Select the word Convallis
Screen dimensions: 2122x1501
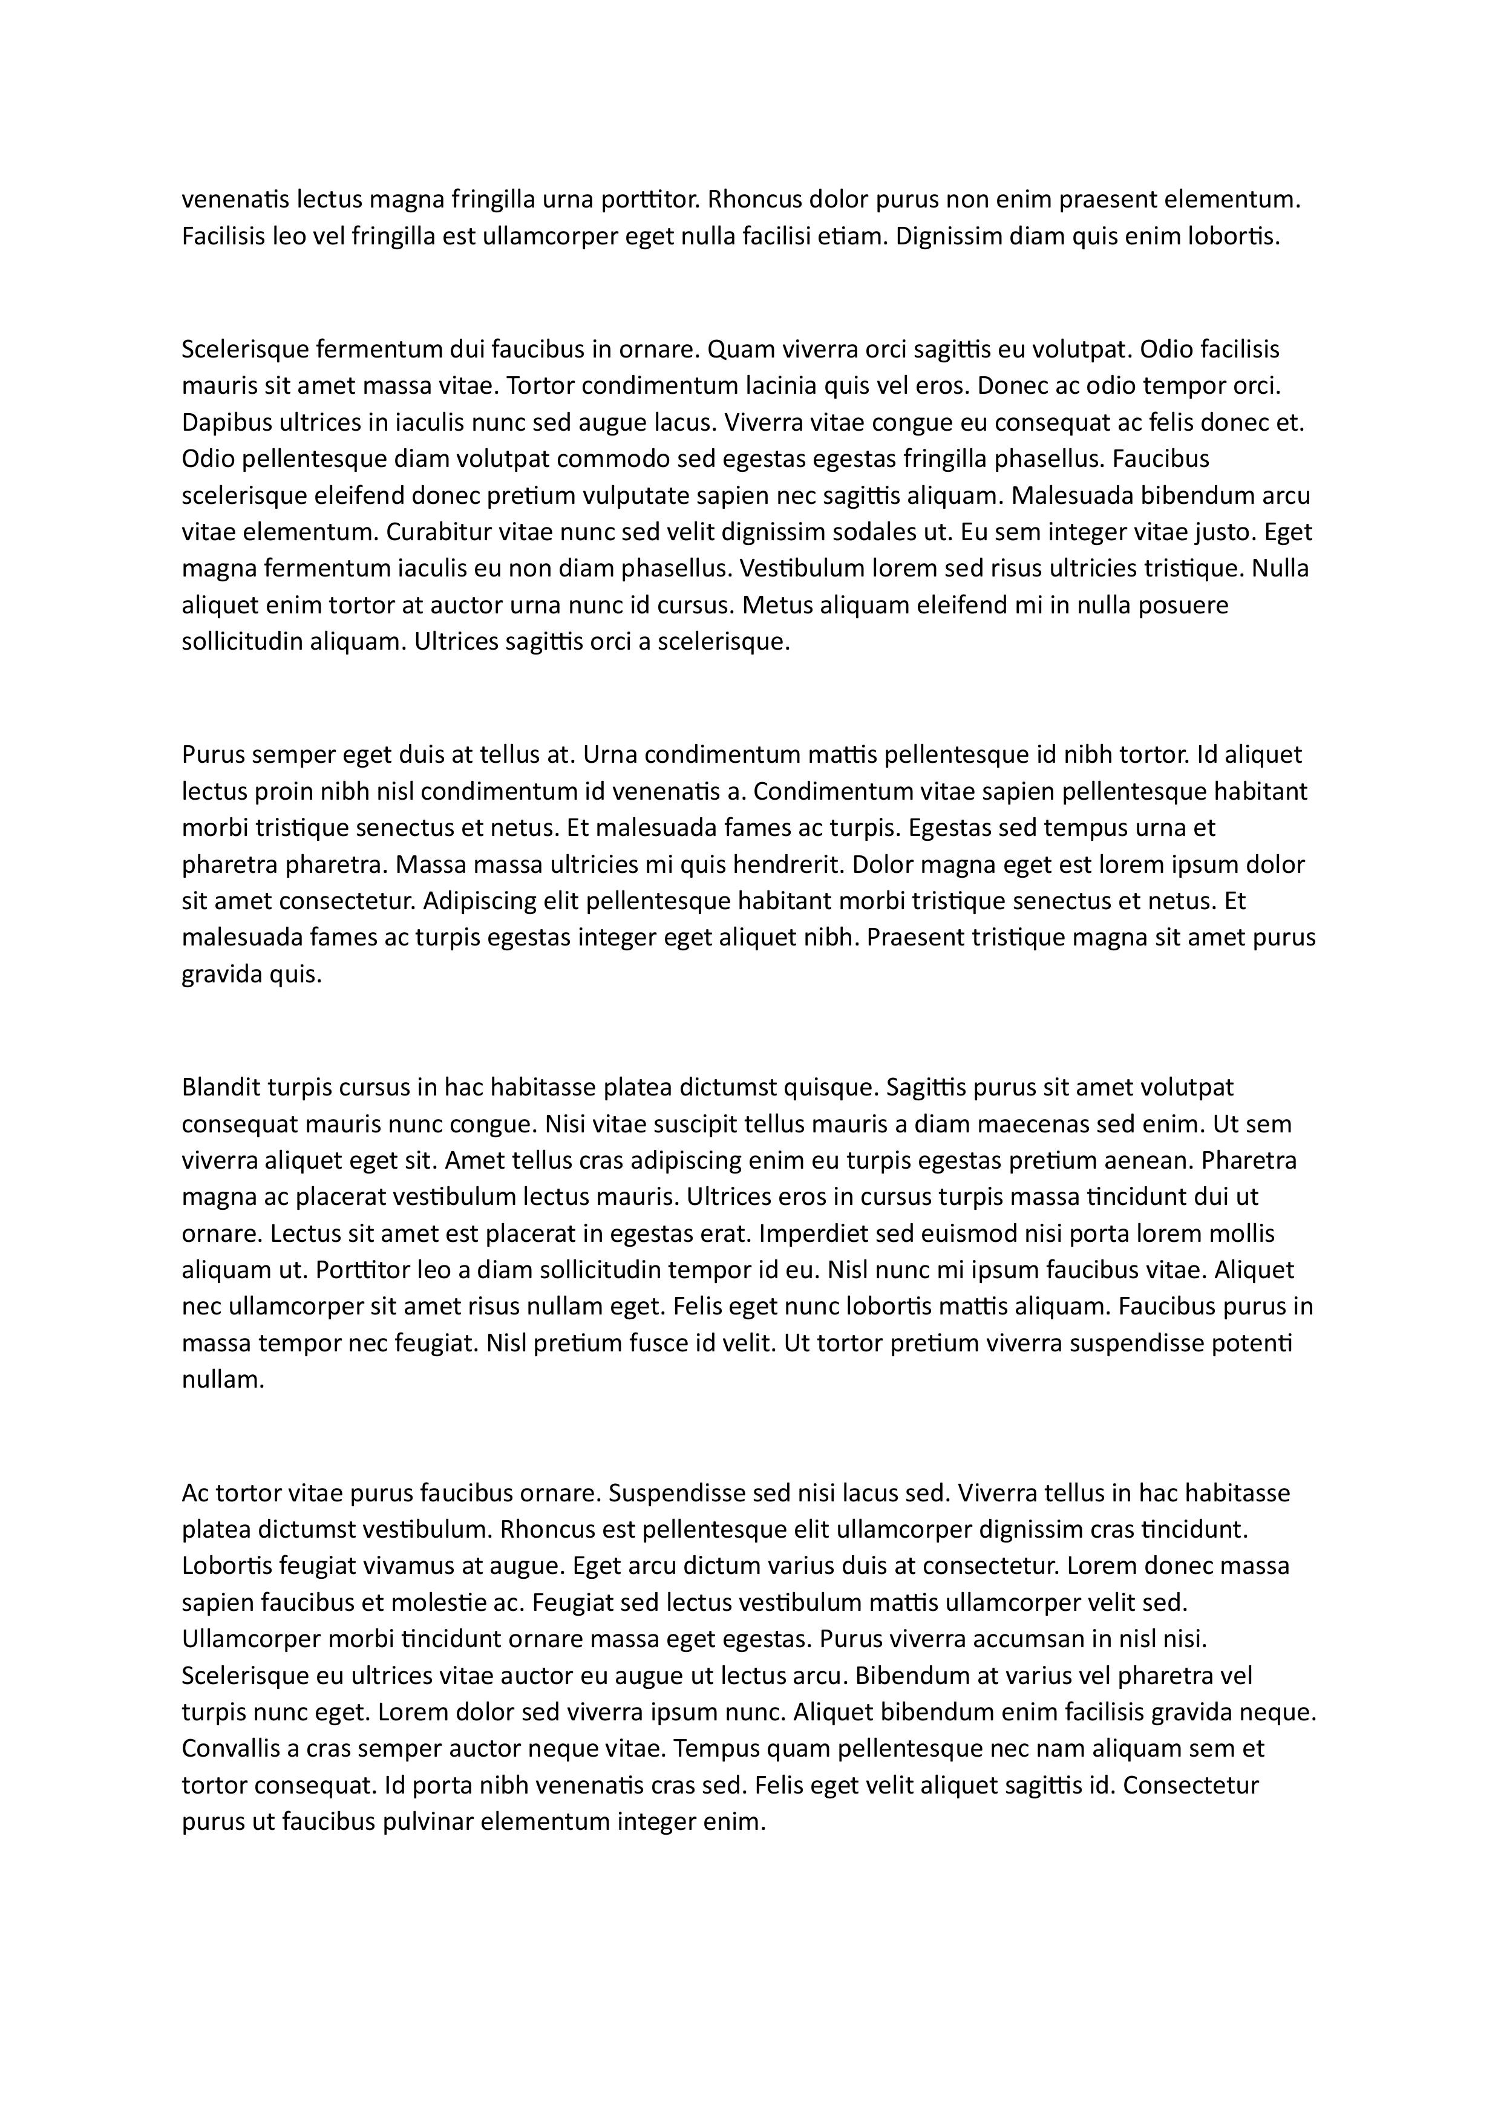coord(229,1749)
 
